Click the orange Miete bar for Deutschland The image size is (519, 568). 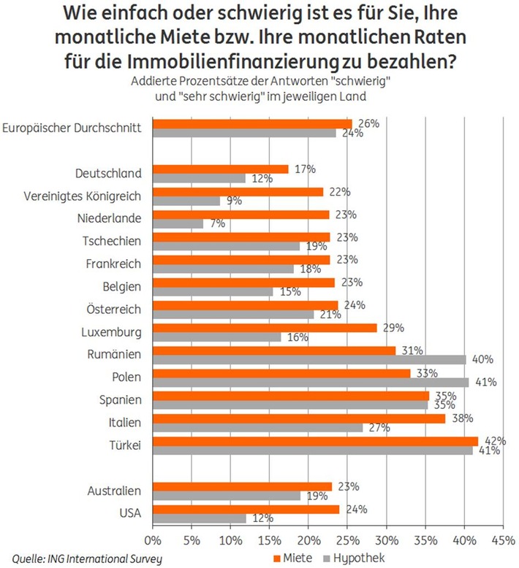(x=220, y=169)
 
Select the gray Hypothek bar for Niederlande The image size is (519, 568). (x=178, y=223)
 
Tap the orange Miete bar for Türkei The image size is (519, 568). (x=315, y=440)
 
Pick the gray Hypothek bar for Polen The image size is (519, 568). (x=311, y=382)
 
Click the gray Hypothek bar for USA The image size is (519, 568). (x=199, y=518)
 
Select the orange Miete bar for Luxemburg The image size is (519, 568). (x=265, y=328)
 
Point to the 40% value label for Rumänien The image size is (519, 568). (x=482, y=359)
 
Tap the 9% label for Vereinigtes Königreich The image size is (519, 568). (x=234, y=201)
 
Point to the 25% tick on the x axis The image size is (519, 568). (x=347, y=541)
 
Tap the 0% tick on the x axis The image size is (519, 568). (x=153, y=541)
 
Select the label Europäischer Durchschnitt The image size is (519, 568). (x=72, y=128)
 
